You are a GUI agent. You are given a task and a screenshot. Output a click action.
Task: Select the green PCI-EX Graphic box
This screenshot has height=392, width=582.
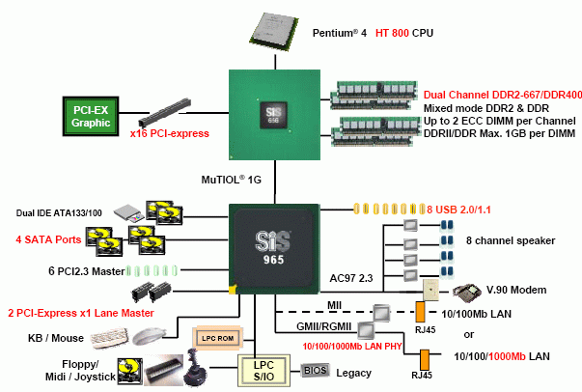pyautogui.click(x=90, y=114)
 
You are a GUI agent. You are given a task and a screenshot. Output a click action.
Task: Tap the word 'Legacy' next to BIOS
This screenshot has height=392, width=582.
pyautogui.click(x=353, y=371)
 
